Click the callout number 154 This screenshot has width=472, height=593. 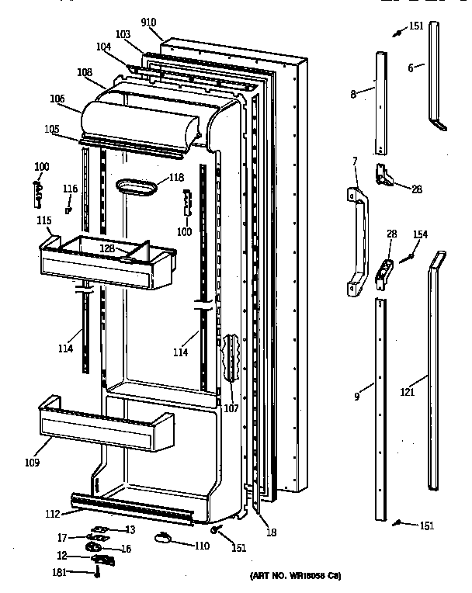click(420, 235)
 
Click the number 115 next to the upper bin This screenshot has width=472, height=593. click(43, 222)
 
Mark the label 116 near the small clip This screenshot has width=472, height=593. click(70, 189)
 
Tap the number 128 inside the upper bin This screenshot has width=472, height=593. click(106, 248)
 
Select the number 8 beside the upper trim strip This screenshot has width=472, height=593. click(352, 94)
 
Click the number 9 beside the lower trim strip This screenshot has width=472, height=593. click(356, 397)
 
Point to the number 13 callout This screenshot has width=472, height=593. click(131, 529)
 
